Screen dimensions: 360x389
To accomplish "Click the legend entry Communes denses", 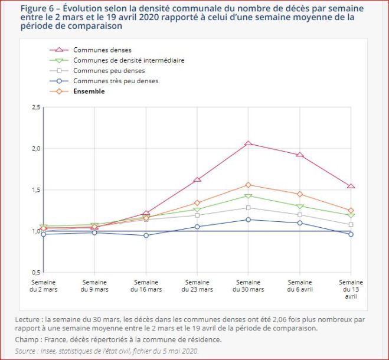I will pyautogui.click(x=102, y=50).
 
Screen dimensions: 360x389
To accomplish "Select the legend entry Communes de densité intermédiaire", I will pyautogui.click(x=129, y=60).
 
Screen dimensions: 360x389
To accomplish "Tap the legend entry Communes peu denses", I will pyautogui.click(x=104, y=71).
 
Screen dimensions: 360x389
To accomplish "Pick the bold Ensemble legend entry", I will pyautogui.click(x=89, y=91).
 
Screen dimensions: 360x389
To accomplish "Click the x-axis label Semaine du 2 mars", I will pyautogui.click(x=43, y=286).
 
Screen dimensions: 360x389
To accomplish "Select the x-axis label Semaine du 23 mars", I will pyautogui.click(x=197, y=286).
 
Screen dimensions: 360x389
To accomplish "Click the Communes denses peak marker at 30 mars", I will pyautogui.click(x=249, y=143).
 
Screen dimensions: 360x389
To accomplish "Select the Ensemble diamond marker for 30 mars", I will pyautogui.click(x=249, y=185).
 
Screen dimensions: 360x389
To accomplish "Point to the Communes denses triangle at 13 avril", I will pyautogui.click(x=351, y=186).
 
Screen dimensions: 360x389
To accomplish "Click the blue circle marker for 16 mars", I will pyautogui.click(x=146, y=235).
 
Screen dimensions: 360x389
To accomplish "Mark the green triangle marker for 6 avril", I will pyautogui.click(x=300, y=207).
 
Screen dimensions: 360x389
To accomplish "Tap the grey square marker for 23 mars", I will pyautogui.click(x=197, y=215).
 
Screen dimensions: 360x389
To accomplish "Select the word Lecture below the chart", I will pyautogui.click(x=29, y=319).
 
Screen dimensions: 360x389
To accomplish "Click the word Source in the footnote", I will pyautogui.click(x=26, y=351).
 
